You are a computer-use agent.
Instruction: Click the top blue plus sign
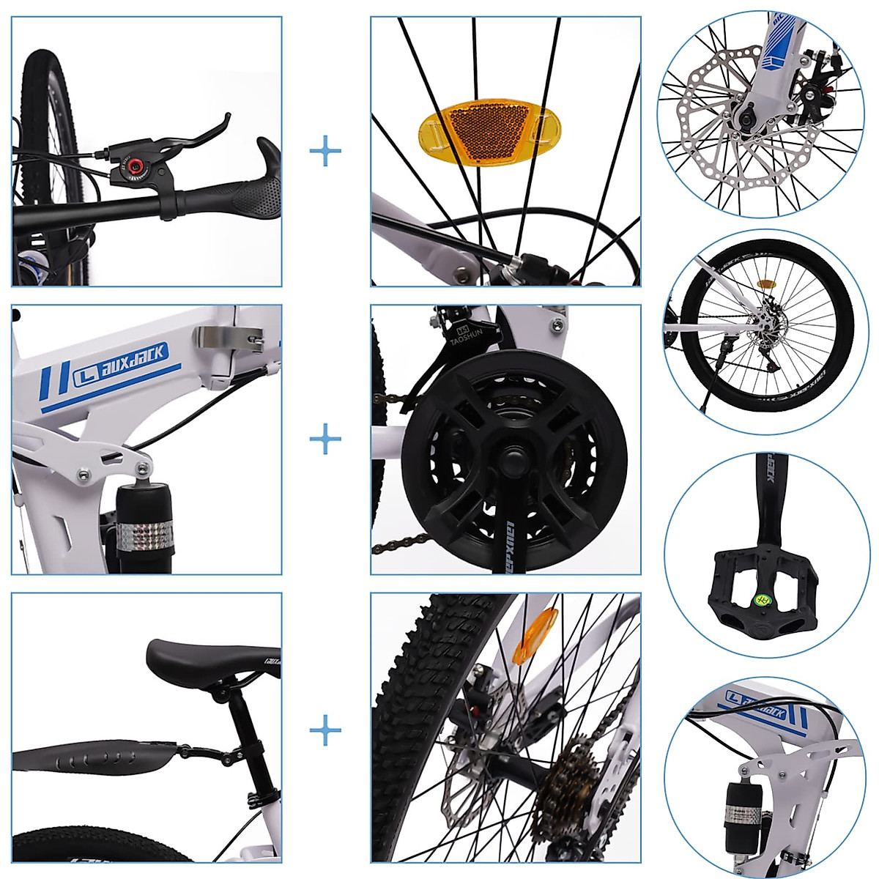[325, 152]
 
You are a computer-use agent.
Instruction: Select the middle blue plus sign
[325, 439]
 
